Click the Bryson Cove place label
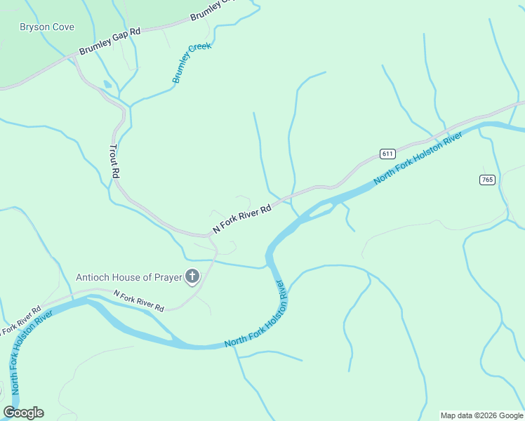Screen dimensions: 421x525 point(46,27)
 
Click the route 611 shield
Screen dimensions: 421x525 point(387,154)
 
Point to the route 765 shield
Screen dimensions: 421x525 point(488,180)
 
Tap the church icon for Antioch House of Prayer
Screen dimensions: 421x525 point(192,277)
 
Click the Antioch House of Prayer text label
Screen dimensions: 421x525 point(128,278)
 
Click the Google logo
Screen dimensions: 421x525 point(23,413)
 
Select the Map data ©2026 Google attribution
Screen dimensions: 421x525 point(481,415)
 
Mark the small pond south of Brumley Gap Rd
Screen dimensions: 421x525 point(106,85)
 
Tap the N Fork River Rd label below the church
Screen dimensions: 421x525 point(138,302)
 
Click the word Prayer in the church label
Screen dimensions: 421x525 point(167,278)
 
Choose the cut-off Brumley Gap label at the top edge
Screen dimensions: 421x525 point(213,10)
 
